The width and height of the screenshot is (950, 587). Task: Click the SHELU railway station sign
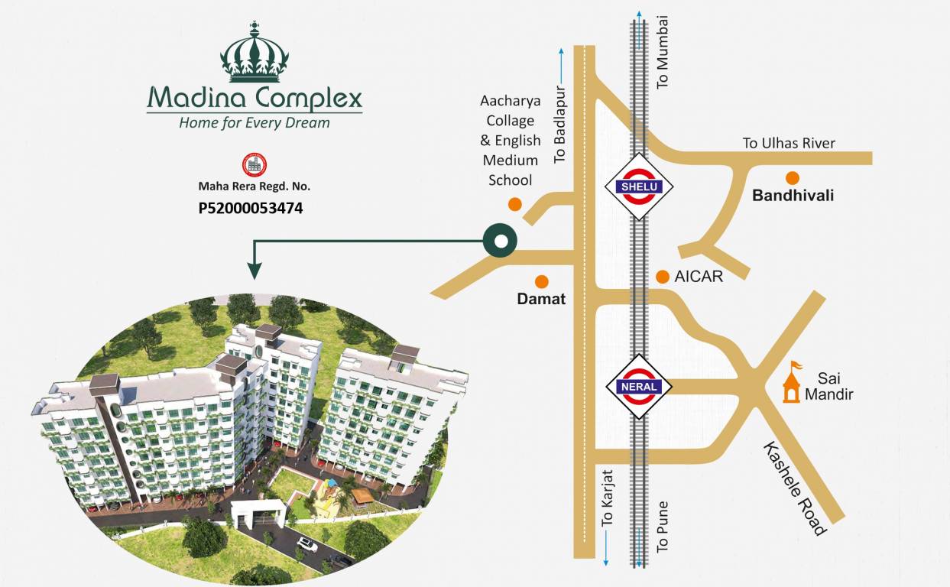tap(638, 186)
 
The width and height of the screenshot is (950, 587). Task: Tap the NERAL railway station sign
tap(639, 386)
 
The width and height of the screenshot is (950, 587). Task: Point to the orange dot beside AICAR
tap(662, 277)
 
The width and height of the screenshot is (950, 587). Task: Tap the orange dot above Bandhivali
tap(793, 178)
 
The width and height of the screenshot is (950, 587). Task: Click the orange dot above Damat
tap(541, 281)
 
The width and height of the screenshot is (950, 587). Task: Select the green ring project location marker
tap(500, 241)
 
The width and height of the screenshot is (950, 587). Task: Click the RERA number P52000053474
tap(251, 207)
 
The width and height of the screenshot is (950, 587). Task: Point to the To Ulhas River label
tap(789, 143)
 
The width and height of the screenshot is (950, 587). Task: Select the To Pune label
tap(663, 527)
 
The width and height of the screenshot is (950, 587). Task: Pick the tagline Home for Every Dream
tap(255, 122)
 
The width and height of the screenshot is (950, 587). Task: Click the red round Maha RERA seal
tap(255, 164)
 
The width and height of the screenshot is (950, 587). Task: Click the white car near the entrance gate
tap(307, 544)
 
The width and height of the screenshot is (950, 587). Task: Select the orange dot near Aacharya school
tap(515, 204)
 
